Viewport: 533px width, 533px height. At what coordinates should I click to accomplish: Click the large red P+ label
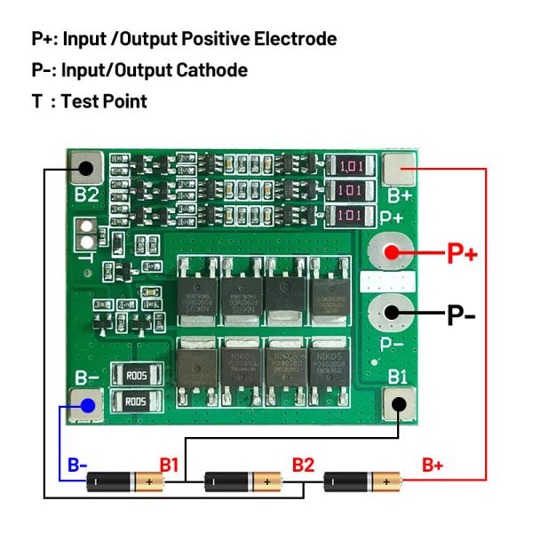461,254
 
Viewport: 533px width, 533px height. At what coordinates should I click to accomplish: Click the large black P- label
462,314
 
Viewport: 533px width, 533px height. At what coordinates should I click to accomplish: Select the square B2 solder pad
86,167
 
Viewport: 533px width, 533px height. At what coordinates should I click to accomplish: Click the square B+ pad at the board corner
399,166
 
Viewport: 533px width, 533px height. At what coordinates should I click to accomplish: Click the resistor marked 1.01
349,165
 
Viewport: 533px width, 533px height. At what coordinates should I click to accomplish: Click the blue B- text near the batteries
78,464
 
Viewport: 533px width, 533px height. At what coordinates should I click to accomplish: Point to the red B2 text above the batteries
303,464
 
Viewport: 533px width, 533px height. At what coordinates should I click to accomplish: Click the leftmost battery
124,482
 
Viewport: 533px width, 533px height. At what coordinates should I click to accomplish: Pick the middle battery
243,482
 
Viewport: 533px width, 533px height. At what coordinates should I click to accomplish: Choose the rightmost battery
362,482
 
